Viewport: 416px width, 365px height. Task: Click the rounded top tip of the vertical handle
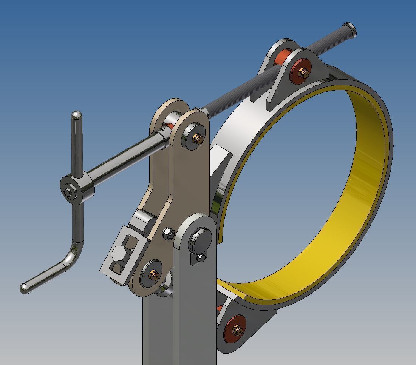76,114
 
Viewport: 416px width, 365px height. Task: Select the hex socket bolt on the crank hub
68,193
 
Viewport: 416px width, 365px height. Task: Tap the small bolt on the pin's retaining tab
201,258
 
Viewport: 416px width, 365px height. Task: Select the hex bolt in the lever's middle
169,234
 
